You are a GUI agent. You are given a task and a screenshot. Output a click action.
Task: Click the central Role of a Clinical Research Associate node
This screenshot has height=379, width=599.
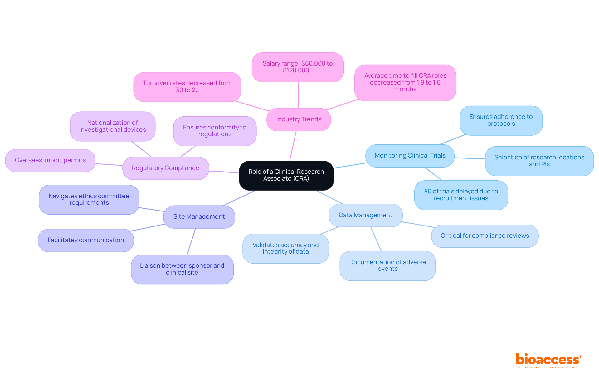[x=286, y=175]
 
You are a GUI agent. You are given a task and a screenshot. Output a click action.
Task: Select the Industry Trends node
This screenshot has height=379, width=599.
[x=299, y=119]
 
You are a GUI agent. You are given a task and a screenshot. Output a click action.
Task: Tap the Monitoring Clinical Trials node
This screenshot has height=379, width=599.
[x=410, y=156]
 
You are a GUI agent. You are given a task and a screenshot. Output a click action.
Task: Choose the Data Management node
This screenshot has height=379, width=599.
[x=365, y=215]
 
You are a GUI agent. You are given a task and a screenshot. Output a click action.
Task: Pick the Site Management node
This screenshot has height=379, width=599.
[x=199, y=217]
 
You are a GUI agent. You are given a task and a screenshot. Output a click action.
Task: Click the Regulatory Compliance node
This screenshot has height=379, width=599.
[x=165, y=168]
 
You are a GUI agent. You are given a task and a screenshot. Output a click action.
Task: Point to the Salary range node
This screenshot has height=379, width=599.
[x=298, y=67]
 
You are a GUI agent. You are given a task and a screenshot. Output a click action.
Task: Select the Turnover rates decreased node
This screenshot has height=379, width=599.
[x=187, y=87]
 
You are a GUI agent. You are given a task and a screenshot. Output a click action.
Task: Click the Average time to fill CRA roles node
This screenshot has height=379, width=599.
[x=405, y=83]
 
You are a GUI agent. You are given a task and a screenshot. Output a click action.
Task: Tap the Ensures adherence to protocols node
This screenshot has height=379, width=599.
[x=501, y=120]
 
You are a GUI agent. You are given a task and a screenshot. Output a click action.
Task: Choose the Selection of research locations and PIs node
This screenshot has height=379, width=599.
[x=539, y=161]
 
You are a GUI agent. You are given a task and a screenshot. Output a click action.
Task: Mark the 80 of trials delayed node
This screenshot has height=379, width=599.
[x=461, y=195]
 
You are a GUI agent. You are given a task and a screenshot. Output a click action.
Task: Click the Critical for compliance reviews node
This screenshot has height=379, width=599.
[x=485, y=236]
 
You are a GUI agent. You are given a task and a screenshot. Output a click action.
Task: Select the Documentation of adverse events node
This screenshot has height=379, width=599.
[x=387, y=265]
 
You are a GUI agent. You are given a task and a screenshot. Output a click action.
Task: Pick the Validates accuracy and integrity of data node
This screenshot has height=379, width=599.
[x=285, y=248]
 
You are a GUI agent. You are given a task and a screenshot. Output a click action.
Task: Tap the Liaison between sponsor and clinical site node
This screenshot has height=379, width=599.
[x=182, y=269]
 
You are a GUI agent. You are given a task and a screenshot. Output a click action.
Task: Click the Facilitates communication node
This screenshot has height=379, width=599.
[x=86, y=240]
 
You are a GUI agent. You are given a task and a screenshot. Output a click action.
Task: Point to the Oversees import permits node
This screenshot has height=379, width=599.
[x=50, y=160]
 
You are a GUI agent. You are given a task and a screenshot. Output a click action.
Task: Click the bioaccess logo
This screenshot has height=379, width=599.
[x=548, y=360]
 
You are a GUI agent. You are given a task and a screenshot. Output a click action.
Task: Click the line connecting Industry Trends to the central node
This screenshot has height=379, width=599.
[x=293, y=146]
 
